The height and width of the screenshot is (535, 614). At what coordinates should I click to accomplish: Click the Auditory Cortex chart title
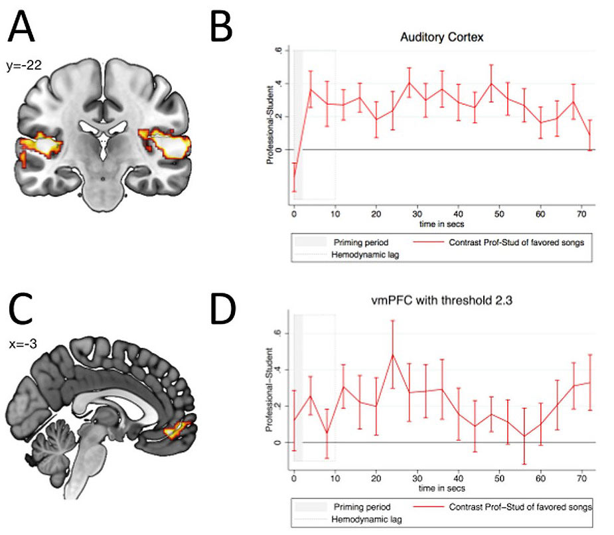click(441, 37)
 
